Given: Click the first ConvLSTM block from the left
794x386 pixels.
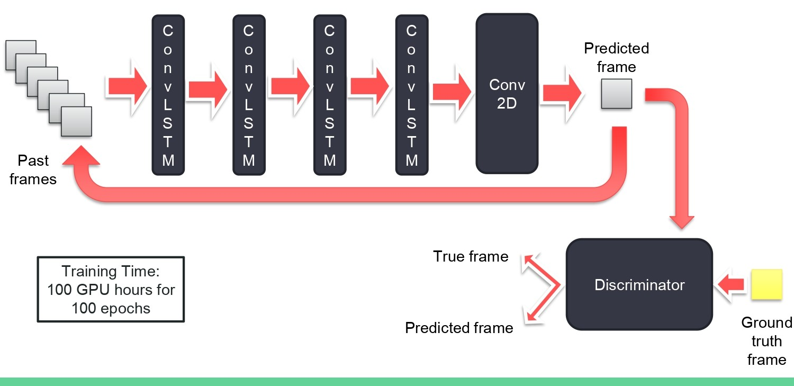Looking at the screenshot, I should pos(168,95).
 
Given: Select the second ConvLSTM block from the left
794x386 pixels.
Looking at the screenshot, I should pos(249,95).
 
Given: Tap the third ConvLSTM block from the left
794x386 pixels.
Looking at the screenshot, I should pos(329,95).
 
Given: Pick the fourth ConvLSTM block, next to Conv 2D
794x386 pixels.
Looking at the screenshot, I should pos(411,95).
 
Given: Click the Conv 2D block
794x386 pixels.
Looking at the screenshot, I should pos(507,94).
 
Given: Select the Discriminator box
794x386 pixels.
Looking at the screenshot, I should pos(639,285).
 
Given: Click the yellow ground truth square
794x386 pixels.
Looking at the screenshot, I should pos(766,285).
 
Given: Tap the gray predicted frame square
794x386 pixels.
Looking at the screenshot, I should pos(616,94).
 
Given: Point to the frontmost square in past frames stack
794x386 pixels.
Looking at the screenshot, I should pos(76,121).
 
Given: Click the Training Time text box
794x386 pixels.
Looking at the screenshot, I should pos(111,290).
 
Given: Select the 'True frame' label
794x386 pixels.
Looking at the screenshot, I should pos(471,257).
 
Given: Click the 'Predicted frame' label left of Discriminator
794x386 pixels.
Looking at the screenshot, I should pos(459,328).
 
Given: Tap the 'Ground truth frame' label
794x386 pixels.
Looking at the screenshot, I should pos(766,341).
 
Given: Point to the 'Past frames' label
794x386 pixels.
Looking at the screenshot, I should pos(33,170).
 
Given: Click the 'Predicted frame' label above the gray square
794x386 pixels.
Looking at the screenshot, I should pos(616,58).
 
